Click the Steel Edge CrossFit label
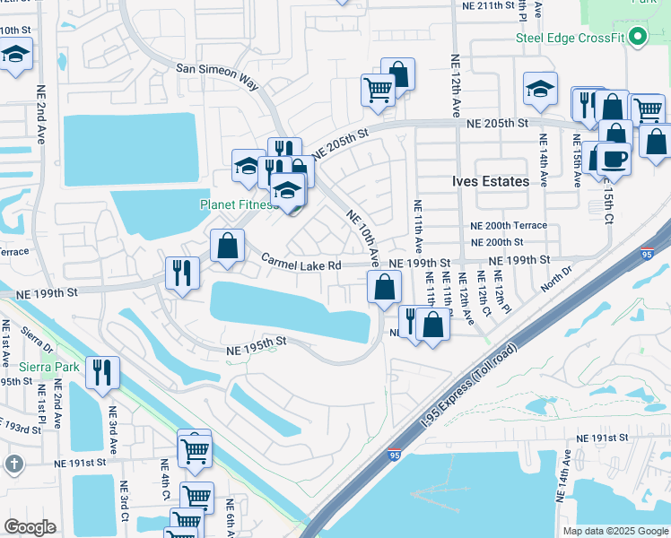point(570,37)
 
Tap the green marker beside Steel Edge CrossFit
point(638,37)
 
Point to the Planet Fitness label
point(237,204)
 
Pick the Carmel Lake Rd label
point(301,265)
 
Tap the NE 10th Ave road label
point(364,238)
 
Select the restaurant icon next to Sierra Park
point(103,372)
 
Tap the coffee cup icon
point(614,159)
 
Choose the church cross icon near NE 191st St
point(13,464)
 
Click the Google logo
point(30,527)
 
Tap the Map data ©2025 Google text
point(614,531)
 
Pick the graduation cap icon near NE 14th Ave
point(539,89)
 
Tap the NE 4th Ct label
point(164,481)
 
